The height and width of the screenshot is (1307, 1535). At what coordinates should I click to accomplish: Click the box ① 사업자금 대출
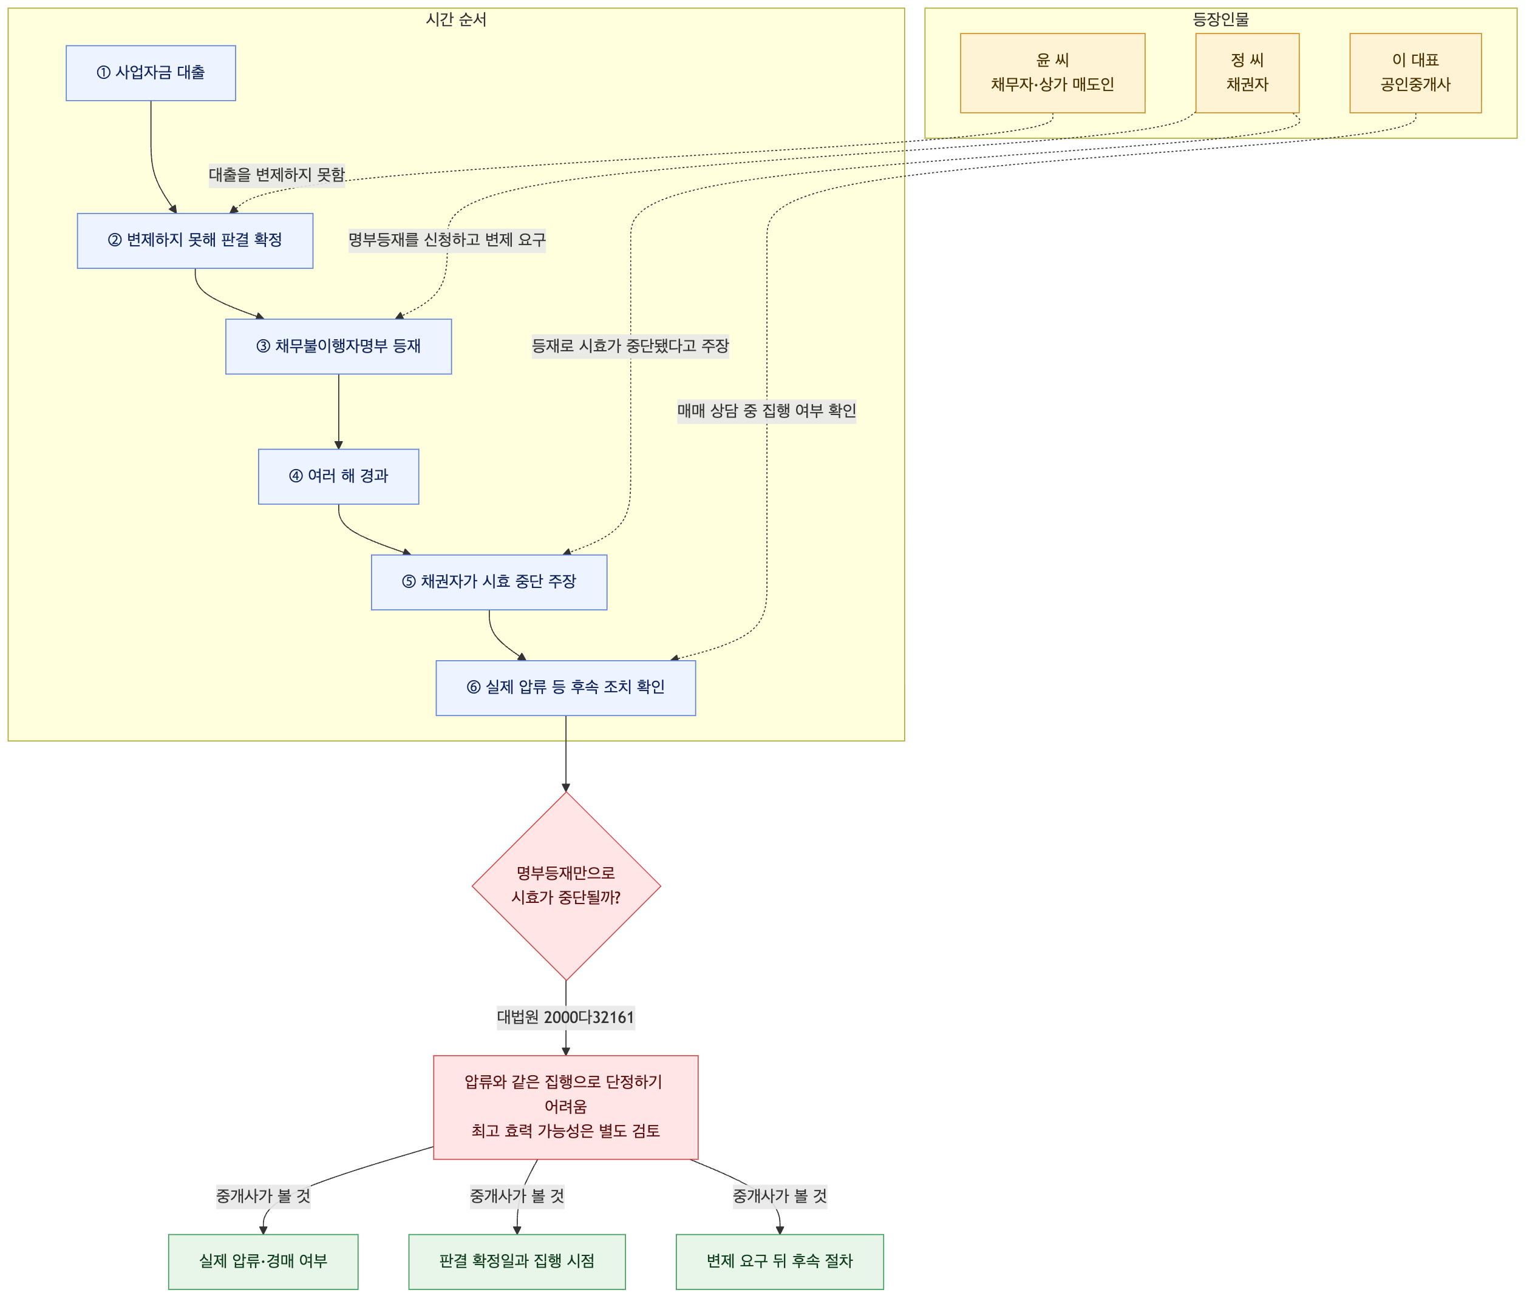(151, 73)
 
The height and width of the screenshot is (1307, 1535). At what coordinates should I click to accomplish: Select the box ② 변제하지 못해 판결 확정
(195, 241)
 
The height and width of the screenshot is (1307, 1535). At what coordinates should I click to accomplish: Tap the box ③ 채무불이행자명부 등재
(339, 346)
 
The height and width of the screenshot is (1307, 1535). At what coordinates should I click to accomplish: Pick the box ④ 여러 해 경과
(339, 476)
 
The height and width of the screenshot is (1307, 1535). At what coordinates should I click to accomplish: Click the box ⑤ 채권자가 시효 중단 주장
(489, 582)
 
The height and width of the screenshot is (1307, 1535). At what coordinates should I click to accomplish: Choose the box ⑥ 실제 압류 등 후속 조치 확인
(566, 688)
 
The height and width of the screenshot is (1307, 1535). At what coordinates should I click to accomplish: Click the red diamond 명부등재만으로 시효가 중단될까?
(566, 886)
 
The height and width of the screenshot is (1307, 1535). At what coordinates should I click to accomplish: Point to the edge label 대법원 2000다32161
(566, 1017)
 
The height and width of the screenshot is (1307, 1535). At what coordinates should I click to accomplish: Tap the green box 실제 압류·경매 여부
(263, 1261)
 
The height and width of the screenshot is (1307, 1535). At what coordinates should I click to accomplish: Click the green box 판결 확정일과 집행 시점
(517, 1261)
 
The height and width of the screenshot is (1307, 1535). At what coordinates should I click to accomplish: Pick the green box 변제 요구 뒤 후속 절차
(780, 1261)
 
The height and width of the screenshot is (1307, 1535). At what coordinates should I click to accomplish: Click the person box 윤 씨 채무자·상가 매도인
(1053, 73)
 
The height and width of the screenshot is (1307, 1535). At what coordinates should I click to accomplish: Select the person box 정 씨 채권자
(1248, 73)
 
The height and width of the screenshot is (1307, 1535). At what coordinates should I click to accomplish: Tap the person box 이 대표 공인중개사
(1416, 73)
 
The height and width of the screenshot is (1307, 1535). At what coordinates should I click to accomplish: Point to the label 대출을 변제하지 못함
(277, 175)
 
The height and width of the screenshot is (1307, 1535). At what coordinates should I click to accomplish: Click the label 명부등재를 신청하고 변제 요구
(448, 240)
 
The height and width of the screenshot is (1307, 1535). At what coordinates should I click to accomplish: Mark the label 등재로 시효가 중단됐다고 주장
(630, 346)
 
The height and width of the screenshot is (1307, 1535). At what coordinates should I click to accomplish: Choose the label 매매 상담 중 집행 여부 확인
(767, 410)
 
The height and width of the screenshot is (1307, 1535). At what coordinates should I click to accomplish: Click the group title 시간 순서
(457, 20)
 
